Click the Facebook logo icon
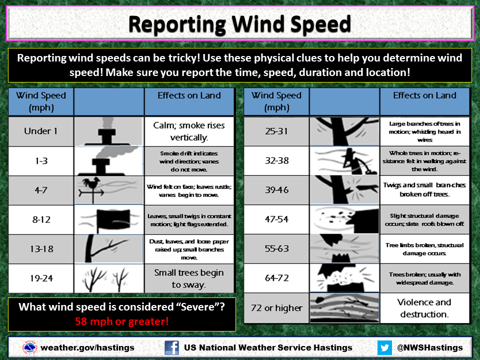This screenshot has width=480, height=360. click(x=171, y=348)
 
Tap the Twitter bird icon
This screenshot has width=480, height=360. click(x=384, y=348)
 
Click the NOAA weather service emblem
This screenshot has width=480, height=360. click(x=29, y=348)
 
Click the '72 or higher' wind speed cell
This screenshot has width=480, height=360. click(x=276, y=308)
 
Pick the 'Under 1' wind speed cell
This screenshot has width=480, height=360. click(x=41, y=131)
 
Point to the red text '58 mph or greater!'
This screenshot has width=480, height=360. click(x=122, y=321)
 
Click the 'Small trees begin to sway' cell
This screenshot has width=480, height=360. click(x=189, y=278)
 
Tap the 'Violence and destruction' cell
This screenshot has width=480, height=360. click(x=424, y=308)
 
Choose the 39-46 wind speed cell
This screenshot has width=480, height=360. click(x=276, y=190)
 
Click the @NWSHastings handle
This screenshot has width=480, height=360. click(x=430, y=348)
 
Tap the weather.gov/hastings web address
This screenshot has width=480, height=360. click(x=87, y=348)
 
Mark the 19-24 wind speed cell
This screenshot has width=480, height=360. click(x=41, y=278)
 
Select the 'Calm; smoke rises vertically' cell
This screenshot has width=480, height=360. click(x=189, y=131)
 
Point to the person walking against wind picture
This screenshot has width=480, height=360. click(x=344, y=160)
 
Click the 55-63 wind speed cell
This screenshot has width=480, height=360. click(x=276, y=248)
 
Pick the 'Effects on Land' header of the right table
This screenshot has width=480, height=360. click(x=424, y=95)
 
